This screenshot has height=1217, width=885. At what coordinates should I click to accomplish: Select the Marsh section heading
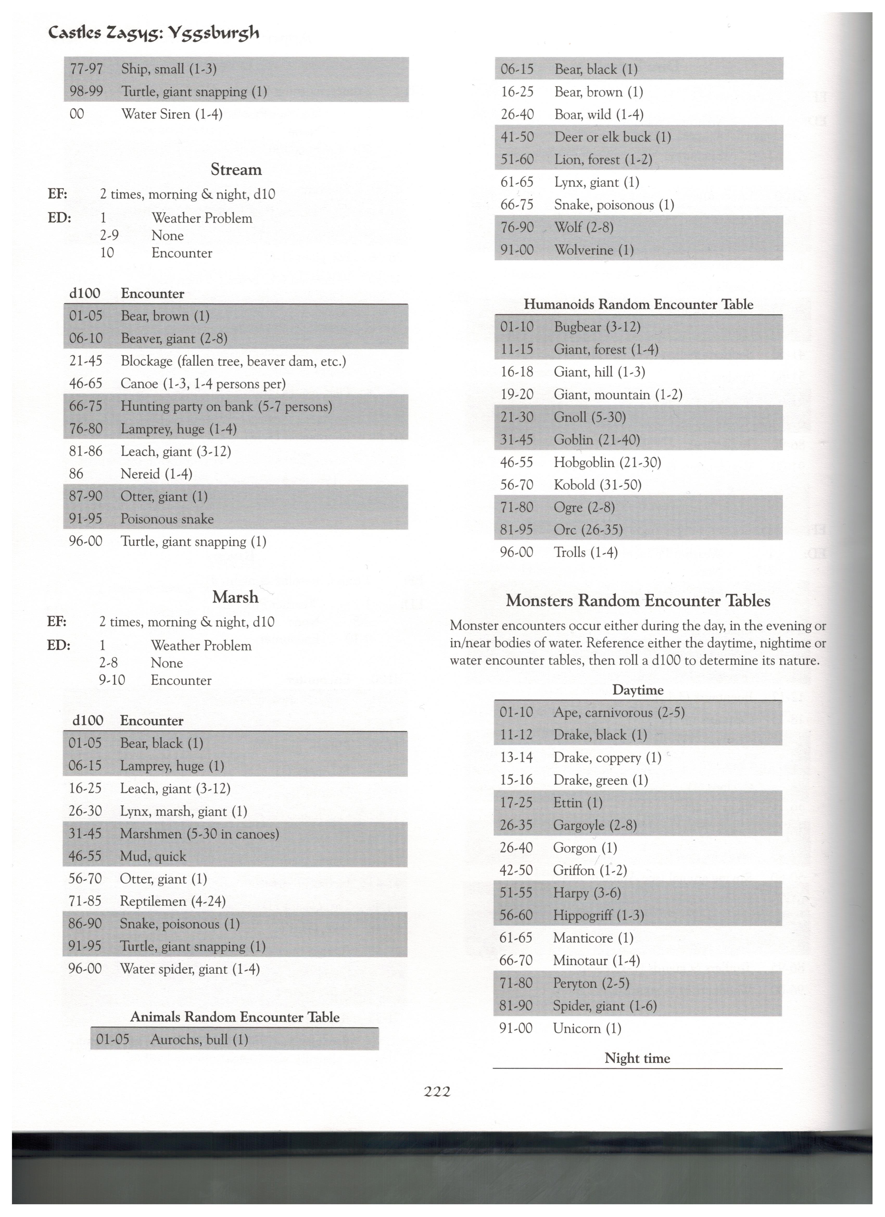(x=235, y=597)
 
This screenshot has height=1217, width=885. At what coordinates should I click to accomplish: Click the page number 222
(x=437, y=1091)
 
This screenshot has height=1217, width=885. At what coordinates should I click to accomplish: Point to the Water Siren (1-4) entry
(x=172, y=114)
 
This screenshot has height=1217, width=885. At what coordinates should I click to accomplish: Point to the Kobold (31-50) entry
(x=597, y=485)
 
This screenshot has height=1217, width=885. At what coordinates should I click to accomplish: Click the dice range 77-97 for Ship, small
(x=86, y=69)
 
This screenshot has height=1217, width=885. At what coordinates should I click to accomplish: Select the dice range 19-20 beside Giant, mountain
(x=516, y=395)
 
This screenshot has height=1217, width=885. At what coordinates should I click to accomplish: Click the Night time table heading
(x=637, y=1058)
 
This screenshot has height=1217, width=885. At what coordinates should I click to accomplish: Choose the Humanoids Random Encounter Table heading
(x=638, y=305)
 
